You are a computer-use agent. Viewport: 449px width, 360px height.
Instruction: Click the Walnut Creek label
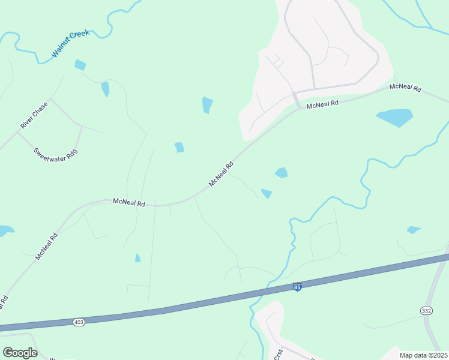[x=70, y=44]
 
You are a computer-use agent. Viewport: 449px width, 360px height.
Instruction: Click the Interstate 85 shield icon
[x=297, y=287]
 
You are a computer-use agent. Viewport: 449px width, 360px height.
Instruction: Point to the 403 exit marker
[x=79, y=322]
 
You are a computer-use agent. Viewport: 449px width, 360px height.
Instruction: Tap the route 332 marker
[x=425, y=309]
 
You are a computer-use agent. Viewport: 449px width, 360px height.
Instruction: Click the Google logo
[x=20, y=353]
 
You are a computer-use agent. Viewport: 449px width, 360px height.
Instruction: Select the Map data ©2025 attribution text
[x=423, y=355]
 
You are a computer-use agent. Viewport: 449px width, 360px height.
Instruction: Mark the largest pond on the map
[x=395, y=118]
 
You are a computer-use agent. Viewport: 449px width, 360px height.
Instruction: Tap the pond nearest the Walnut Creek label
[x=80, y=65]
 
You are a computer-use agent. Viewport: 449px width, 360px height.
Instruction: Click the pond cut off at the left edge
[x=5, y=230]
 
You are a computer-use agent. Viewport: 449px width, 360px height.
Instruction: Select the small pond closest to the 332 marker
[x=414, y=230]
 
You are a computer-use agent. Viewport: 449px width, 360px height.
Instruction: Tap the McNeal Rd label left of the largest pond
[x=322, y=104]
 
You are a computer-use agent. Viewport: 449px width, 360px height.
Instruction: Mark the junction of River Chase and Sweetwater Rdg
[x=18, y=133]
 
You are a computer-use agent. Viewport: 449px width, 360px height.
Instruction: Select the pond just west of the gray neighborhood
[x=208, y=104]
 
